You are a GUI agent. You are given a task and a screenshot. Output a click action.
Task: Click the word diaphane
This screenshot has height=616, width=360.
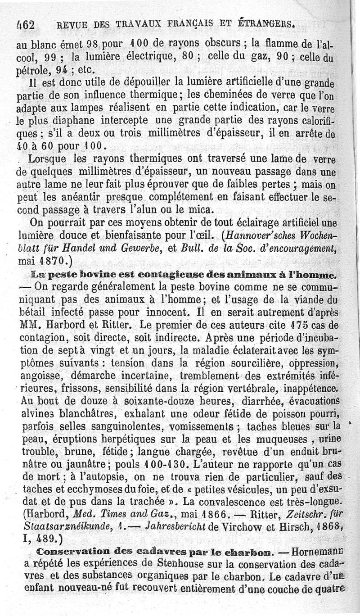74,122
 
